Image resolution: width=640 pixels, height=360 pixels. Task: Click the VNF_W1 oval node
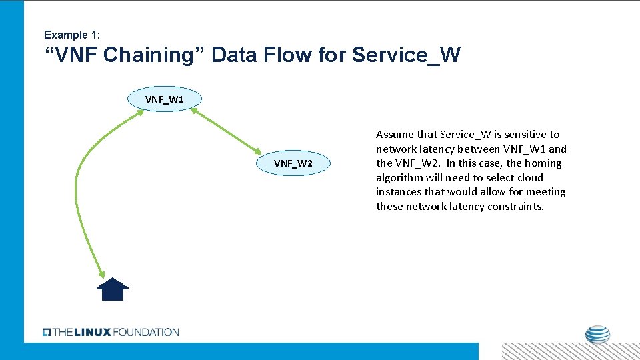pos(165,99)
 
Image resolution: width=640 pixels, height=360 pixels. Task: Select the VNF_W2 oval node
pos(293,163)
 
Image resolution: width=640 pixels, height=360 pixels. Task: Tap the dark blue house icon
pos(113,289)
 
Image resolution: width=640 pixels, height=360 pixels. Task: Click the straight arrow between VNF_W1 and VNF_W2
pos(227,131)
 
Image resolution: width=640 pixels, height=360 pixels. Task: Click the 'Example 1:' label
pos(71,35)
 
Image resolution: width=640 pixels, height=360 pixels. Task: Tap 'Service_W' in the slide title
pos(406,55)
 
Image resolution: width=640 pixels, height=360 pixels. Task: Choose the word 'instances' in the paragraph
pos(399,192)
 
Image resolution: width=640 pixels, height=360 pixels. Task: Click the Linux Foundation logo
pos(111,332)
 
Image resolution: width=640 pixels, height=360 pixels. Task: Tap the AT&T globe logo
pos(597,335)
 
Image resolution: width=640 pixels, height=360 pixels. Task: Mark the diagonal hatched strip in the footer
pos(570,351)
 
